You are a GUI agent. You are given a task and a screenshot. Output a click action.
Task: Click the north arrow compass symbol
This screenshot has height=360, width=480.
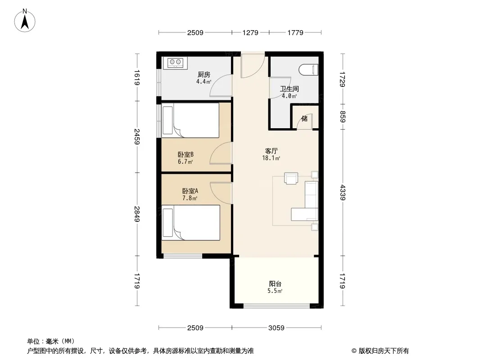point(25,20)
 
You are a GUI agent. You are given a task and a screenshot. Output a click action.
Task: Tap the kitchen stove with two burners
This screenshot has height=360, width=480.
point(175,63)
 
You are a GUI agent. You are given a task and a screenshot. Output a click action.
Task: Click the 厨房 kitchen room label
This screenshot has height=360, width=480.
point(204,74)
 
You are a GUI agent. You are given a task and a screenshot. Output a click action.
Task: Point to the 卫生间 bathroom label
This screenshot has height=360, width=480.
point(289,89)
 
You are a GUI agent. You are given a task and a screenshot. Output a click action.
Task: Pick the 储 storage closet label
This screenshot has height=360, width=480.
point(304,118)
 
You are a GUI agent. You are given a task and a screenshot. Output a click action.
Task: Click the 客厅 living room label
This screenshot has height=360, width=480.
point(271,151)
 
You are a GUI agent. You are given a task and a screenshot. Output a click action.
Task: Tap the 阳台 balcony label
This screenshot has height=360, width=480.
point(275,284)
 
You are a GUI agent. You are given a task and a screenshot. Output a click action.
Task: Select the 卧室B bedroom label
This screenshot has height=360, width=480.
point(186,155)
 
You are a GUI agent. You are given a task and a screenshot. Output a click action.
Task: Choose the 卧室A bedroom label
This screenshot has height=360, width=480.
point(190,191)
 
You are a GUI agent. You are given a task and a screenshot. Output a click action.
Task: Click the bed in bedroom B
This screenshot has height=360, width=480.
point(190,120)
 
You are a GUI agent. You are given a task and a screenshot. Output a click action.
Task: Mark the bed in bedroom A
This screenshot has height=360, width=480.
point(191,223)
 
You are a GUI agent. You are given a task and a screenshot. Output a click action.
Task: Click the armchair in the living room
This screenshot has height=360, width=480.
point(291,178)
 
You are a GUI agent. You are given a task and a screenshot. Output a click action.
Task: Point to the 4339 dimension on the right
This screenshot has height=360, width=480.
point(343,193)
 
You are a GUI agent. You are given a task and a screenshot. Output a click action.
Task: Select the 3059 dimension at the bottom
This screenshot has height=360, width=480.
point(276,328)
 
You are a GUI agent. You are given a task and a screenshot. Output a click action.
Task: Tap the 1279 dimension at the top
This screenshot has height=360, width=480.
point(250,32)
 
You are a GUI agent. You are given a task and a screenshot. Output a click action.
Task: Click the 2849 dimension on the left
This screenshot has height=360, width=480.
point(137,214)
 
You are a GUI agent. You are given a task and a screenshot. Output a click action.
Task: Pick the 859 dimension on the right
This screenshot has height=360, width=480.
point(343,117)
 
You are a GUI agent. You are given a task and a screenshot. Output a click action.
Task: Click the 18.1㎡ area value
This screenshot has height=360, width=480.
point(271,158)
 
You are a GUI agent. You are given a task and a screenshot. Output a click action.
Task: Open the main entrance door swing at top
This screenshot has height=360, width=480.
point(253,65)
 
